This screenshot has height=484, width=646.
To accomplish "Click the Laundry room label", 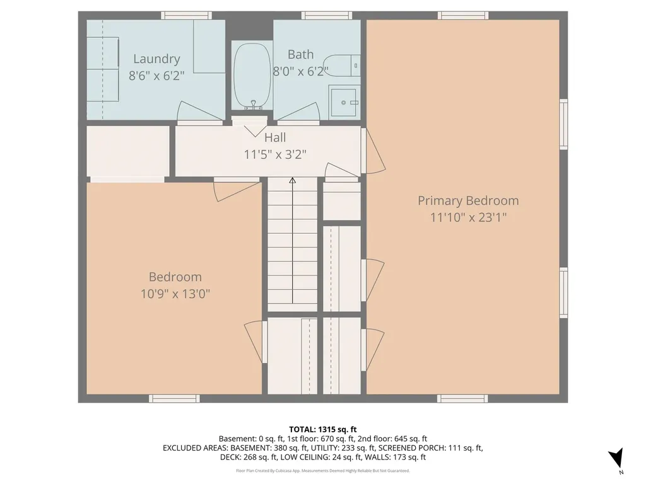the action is click(156, 59).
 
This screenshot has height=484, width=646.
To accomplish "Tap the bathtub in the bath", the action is click(252, 76).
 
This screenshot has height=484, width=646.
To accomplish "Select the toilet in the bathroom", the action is click(341, 66).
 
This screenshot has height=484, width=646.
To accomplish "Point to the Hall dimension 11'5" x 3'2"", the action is click(275, 155).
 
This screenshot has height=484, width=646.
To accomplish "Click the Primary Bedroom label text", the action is click(469, 201).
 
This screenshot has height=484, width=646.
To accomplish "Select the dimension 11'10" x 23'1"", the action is click(469, 217).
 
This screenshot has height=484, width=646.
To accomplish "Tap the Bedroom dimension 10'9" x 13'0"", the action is click(175, 294).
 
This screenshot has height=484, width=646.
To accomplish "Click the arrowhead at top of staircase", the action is click(293, 180).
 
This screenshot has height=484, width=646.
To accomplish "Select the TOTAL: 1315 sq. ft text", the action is click(322, 430).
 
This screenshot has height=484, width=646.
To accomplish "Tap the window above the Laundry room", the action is click(186, 16).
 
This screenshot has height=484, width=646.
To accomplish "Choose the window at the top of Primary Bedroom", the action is click(463, 16).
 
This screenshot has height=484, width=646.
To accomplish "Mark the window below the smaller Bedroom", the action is click(174, 398).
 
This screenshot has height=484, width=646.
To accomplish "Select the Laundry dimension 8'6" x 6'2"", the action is click(156, 76).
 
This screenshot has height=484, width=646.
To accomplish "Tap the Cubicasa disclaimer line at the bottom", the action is click(322, 470).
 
